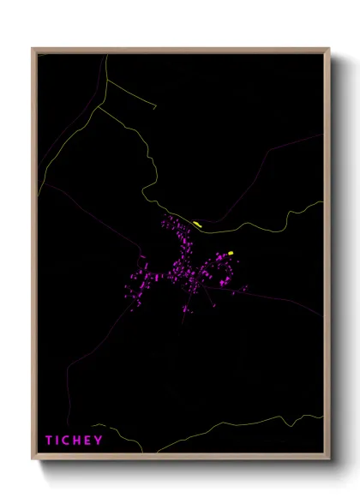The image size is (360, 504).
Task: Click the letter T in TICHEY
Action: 50,441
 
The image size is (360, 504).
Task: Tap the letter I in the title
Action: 59,441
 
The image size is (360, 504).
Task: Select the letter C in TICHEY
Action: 69,441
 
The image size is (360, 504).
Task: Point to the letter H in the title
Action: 80,441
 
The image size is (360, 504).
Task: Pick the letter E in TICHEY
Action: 90,441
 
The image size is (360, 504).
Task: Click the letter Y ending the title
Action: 99,441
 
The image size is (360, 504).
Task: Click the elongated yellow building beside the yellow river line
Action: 197,224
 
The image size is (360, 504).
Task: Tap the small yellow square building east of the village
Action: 231,253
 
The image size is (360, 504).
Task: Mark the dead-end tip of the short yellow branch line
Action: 156,108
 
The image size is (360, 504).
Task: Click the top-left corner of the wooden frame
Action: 33,49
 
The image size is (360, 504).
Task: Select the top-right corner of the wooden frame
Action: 330,49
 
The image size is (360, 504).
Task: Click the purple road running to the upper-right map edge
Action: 291,146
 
